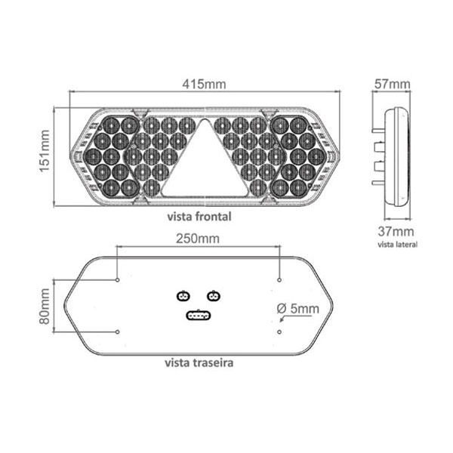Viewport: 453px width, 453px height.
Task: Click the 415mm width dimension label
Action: click(204, 84)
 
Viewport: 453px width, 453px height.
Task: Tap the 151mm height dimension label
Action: click(45, 151)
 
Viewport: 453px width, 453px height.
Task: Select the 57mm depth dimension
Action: click(393, 84)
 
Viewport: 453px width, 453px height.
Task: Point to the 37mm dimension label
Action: click(396, 232)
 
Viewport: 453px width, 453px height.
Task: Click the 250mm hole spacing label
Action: click(198, 239)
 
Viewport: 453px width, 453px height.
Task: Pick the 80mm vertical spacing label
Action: click(45, 307)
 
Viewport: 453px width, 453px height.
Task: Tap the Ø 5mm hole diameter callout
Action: click(298, 309)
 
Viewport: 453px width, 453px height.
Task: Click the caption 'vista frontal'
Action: click(199, 217)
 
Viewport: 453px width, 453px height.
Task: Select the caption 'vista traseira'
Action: click(199, 362)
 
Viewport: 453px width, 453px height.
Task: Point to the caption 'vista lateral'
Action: click(398, 245)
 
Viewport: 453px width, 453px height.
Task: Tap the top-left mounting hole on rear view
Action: click(117, 280)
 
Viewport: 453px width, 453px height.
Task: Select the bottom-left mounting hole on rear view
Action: click(117, 332)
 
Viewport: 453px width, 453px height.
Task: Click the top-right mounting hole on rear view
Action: click(279, 280)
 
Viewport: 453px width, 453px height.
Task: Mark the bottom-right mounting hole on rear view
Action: click(279, 332)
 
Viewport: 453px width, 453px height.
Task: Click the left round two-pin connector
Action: click(183, 296)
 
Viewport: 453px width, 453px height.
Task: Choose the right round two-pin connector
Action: click(214, 296)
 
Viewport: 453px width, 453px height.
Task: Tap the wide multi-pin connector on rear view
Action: click(199, 316)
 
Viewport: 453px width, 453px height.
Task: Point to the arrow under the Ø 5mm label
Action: click(295, 318)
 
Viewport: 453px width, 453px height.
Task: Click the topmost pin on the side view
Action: click(378, 131)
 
